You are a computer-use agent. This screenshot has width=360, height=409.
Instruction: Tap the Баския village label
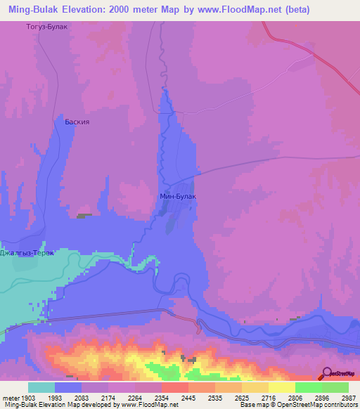[x=77, y=121]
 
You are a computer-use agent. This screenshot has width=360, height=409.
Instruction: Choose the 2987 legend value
[x=349, y=397]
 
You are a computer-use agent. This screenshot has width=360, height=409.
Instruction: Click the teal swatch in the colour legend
[x=41, y=387]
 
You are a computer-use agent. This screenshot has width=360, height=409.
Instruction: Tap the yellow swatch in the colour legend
[x=281, y=387]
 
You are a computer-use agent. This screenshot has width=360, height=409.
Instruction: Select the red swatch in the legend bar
[x=174, y=387]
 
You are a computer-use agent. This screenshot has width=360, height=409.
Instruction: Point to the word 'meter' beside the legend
[x=10, y=397]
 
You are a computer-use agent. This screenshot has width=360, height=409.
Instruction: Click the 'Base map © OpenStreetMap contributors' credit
[x=299, y=405]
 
